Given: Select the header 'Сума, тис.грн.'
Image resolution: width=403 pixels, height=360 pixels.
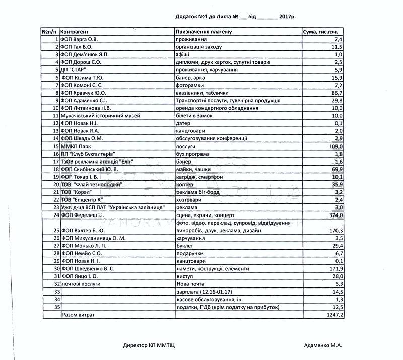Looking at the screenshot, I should [323, 32].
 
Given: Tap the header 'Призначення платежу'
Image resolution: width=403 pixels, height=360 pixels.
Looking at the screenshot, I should [204, 32].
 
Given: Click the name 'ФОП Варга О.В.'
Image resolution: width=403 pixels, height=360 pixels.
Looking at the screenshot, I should [79, 39].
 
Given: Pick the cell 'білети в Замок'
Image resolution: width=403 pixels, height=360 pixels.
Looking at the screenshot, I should [194, 116].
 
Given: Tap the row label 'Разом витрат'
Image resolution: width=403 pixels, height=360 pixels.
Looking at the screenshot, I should [78, 315].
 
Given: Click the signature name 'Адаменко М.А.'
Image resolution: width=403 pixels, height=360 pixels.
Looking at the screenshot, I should [323, 345].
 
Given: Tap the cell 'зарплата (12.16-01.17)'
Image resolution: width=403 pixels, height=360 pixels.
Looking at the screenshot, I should [205, 292].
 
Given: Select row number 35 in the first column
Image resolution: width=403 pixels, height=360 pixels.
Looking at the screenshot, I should [56, 307].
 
